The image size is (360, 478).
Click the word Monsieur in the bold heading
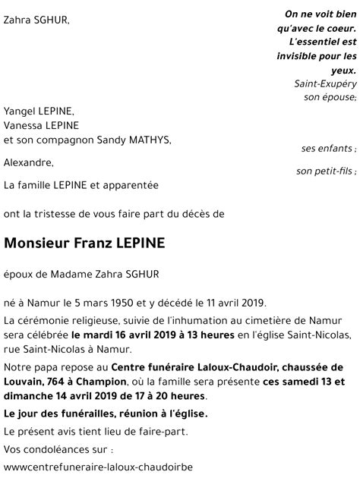37,244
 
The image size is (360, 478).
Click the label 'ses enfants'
329,148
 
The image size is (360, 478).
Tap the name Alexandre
28,162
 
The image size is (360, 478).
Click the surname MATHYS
144,140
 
